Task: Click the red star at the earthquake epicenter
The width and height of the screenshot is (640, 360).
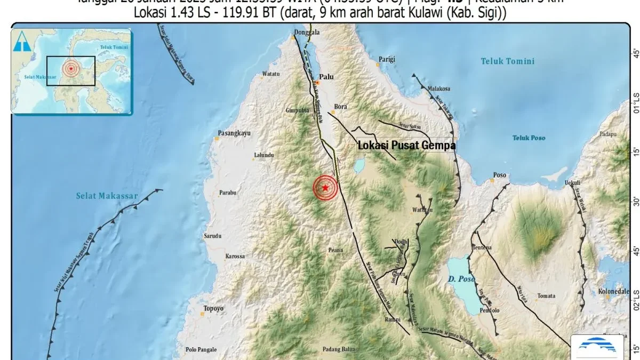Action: tap(325, 188)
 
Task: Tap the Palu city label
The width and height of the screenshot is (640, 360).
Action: tap(326, 77)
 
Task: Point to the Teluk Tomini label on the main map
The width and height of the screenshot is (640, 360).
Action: tap(507, 61)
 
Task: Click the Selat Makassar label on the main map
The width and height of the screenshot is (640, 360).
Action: tap(107, 196)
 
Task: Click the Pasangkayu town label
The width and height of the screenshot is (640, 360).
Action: tap(234, 133)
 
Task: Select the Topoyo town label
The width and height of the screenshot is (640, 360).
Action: tap(213, 308)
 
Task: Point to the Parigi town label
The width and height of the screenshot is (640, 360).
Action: tap(387, 59)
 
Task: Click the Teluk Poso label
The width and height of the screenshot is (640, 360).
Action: tap(529, 138)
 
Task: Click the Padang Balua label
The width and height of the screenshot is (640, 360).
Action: tap(340, 350)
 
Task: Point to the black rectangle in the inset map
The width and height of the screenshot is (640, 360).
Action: tap(70, 71)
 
